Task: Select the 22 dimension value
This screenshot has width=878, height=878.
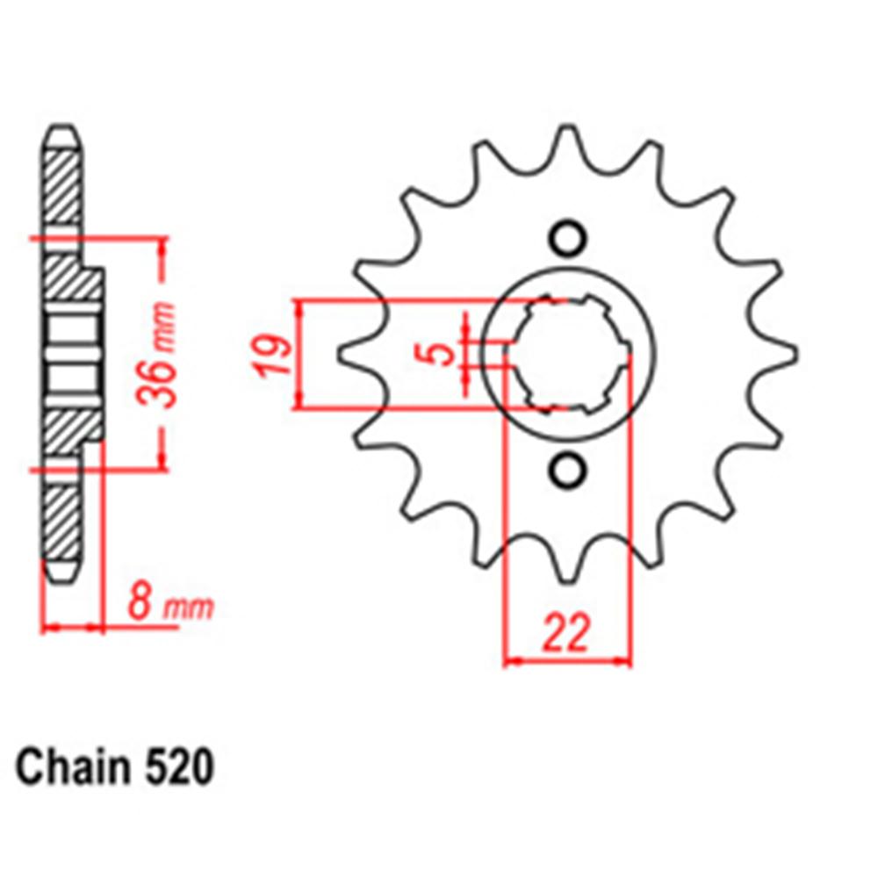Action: point(565,635)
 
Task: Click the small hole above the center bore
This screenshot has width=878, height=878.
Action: point(566,238)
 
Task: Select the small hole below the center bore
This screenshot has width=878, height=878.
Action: point(566,471)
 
